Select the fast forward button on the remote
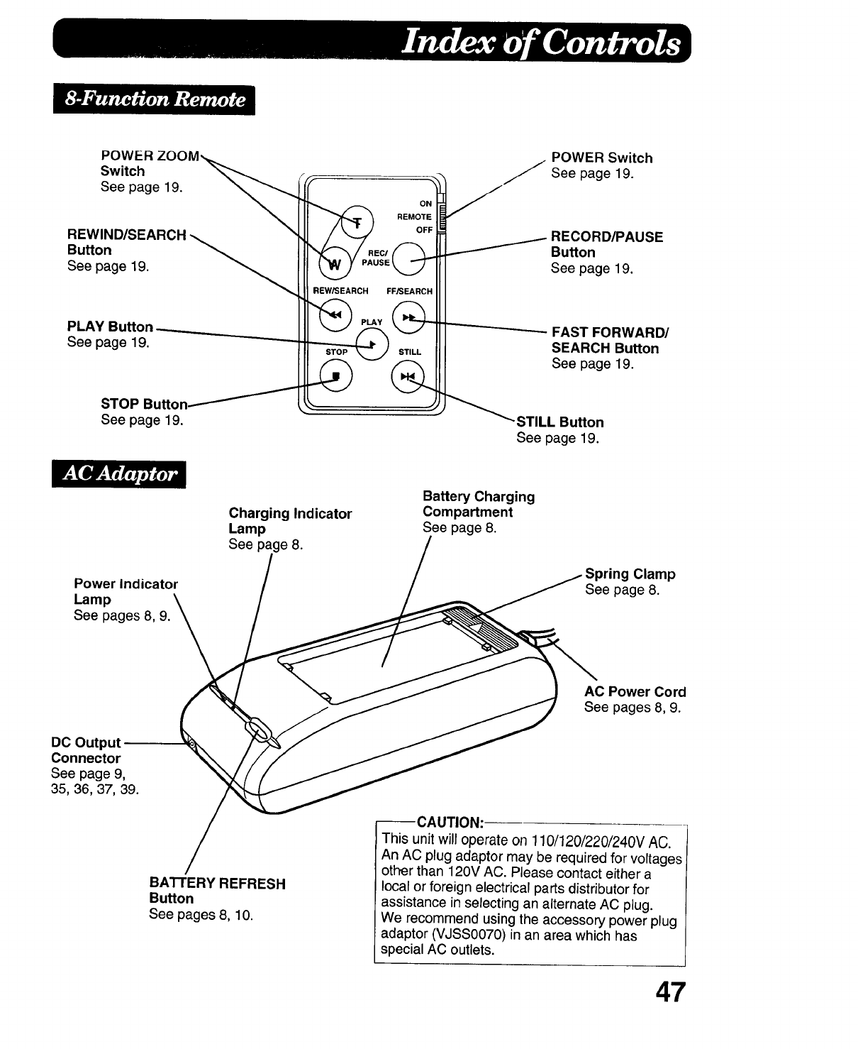point(408,317)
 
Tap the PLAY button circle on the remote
point(372,345)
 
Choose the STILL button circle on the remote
point(407,377)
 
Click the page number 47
point(671,992)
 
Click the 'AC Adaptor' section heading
point(120,473)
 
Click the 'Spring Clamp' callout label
point(630,574)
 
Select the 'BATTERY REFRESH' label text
point(217,884)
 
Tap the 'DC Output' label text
point(86,743)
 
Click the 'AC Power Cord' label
point(635,692)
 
